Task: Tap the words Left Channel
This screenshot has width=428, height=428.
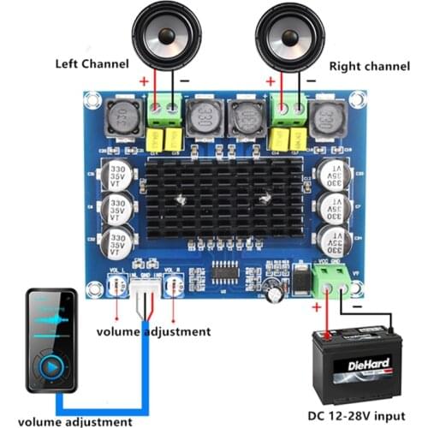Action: (92, 63)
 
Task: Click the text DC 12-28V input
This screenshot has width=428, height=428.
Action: (356, 417)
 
